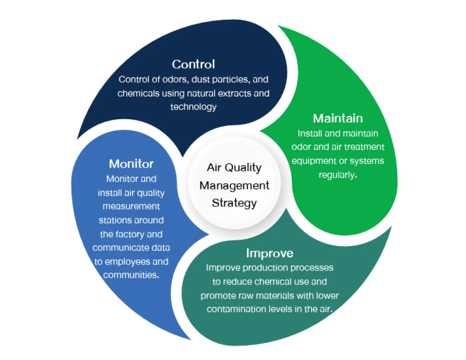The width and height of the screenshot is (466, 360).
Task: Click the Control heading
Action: (x=193, y=64)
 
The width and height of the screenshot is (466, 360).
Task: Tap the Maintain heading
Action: (x=338, y=118)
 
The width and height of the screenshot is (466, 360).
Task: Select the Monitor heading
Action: (x=131, y=163)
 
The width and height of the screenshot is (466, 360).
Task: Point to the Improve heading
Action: (x=270, y=253)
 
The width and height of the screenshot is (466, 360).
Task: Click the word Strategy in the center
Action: (x=234, y=203)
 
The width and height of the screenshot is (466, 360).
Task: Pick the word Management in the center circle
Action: (x=234, y=185)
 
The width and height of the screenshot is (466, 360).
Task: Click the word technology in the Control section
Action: (x=193, y=107)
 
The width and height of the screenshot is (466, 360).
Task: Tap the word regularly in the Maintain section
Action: (x=337, y=175)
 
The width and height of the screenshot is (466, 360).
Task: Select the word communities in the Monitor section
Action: (x=131, y=275)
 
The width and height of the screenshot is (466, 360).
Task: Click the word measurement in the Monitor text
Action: (x=131, y=206)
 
